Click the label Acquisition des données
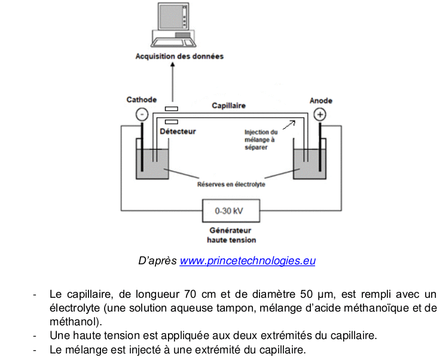pos(179,57)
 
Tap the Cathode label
pos(142,100)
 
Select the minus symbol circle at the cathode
pos(142,114)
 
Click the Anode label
pos(321,101)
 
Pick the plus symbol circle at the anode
pos(321,114)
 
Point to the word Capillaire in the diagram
pos(229,105)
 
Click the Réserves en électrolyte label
pos(231,185)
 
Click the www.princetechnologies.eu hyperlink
pos(248,261)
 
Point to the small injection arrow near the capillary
pos(288,124)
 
